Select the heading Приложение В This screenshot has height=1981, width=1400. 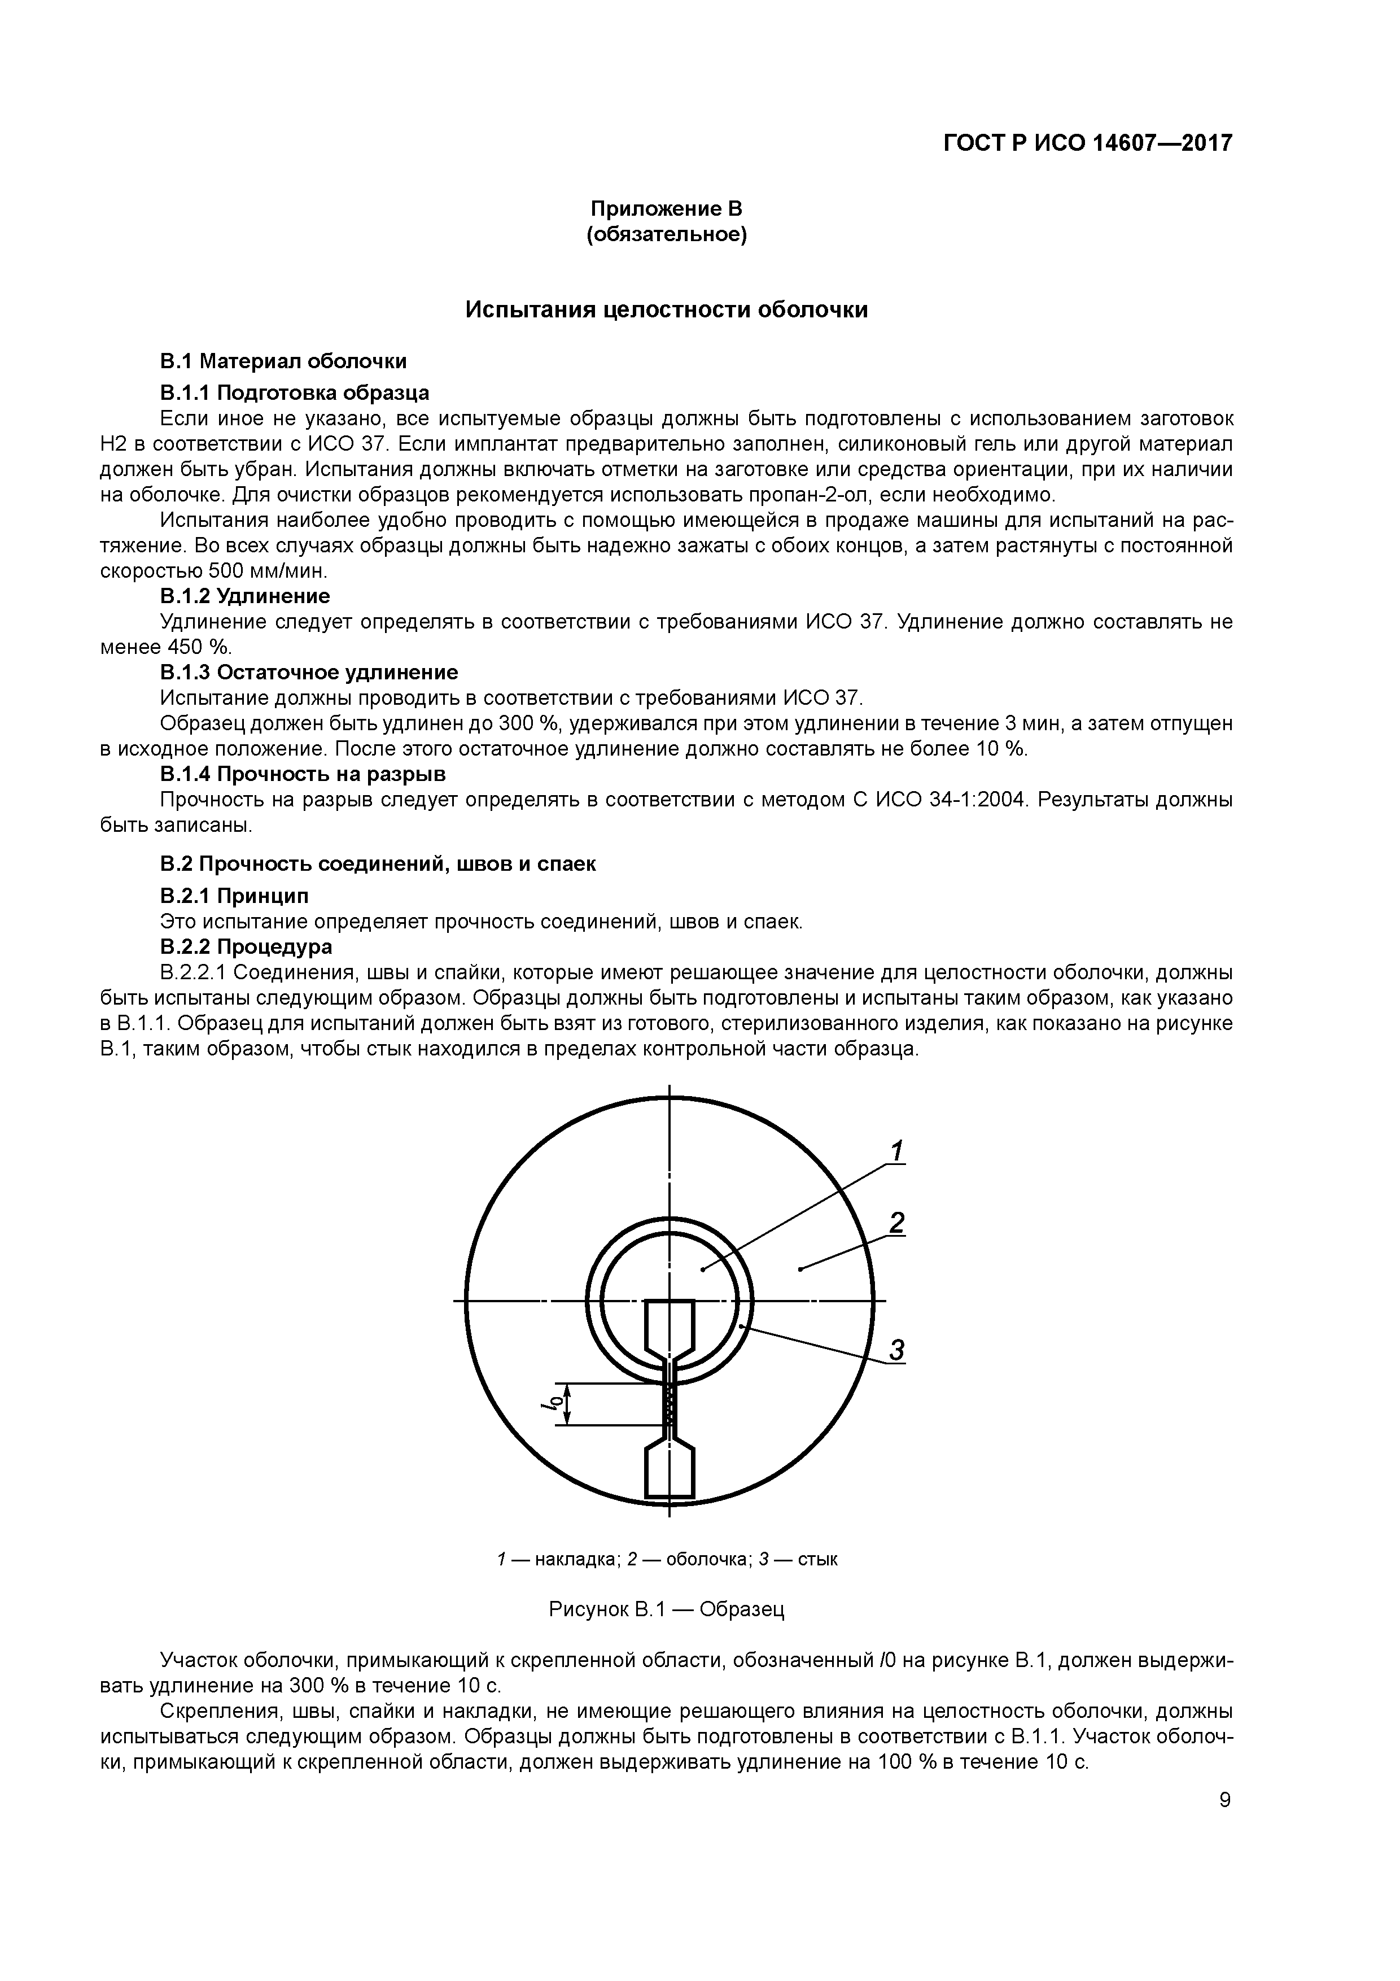(666, 209)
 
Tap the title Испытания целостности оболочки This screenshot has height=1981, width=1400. (666, 310)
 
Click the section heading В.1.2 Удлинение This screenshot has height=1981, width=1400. (245, 596)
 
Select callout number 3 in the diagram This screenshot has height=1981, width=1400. (897, 1350)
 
